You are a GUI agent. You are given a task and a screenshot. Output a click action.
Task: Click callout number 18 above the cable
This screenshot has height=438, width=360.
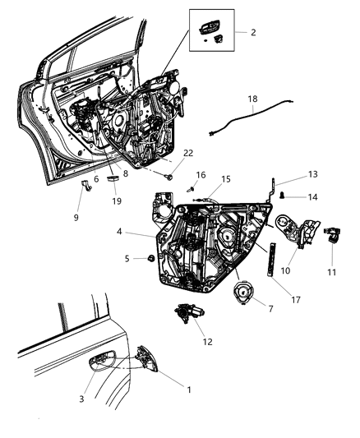click(x=252, y=99)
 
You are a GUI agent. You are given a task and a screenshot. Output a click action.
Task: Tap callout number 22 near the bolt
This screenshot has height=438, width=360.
click(x=188, y=154)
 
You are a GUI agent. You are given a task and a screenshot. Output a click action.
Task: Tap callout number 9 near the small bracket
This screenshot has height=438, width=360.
click(x=77, y=218)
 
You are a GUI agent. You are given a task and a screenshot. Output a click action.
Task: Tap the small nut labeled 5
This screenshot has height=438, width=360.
click(x=152, y=259)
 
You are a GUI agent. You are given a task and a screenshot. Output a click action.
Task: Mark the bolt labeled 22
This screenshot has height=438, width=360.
click(x=169, y=175)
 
